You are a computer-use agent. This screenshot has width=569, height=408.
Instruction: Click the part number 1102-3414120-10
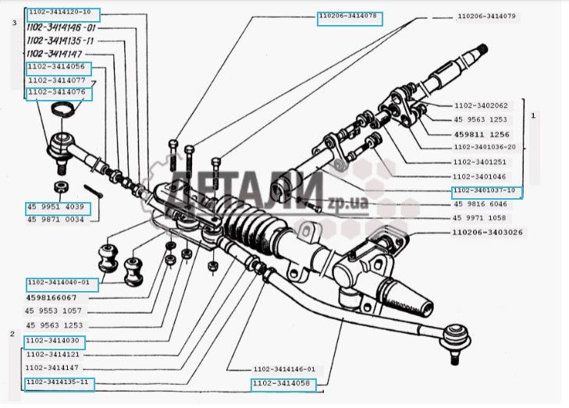pyautogui.click(x=63, y=13)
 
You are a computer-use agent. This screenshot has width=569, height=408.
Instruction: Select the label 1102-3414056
pyautogui.click(x=59, y=68)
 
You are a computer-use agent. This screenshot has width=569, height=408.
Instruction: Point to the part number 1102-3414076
pyautogui.click(x=59, y=93)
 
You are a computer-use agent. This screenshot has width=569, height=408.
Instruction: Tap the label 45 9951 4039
pyautogui.click(x=59, y=208)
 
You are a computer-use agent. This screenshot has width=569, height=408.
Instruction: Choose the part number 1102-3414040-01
pyautogui.click(x=62, y=283)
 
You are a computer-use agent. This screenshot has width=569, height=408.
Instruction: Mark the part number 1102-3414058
pyautogui.click(x=285, y=384)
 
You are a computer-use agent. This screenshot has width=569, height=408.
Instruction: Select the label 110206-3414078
pyautogui.click(x=349, y=16)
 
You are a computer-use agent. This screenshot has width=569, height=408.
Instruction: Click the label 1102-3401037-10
pyautogui.click(x=487, y=191)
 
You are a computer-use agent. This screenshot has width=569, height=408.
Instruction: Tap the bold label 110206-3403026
pyautogui.click(x=488, y=232)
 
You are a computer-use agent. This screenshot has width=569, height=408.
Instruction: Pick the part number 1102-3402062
pyautogui.click(x=480, y=105)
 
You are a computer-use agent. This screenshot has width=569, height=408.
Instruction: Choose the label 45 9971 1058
pyautogui.click(x=480, y=218)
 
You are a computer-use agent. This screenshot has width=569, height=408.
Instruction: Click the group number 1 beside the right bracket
pyautogui.click(x=533, y=115)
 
